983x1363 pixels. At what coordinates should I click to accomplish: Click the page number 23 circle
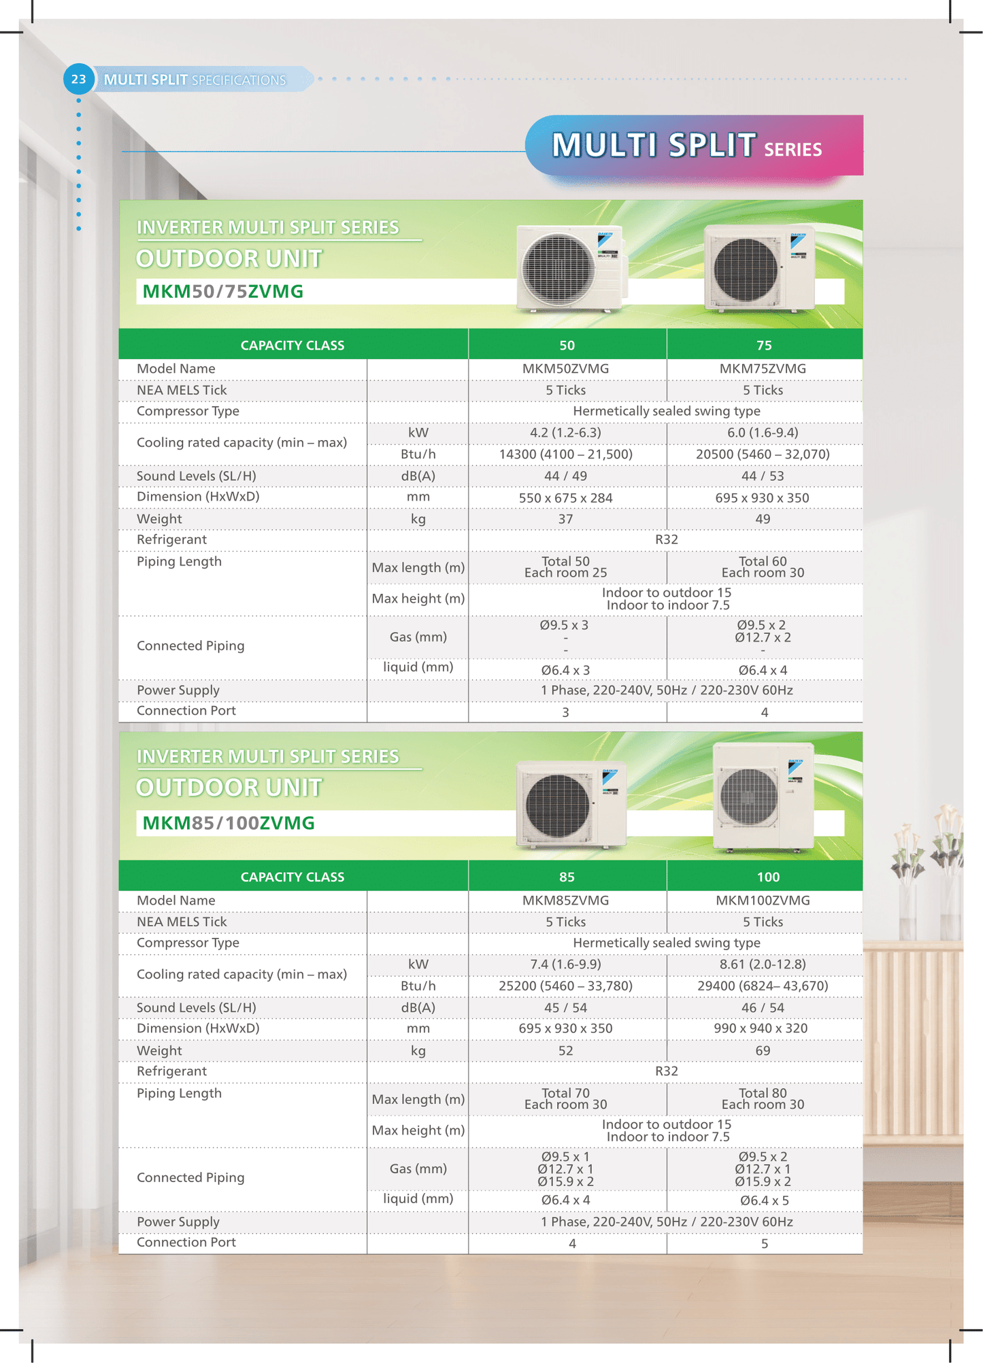click(x=78, y=80)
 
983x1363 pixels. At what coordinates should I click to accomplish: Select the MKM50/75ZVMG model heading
click(x=223, y=292)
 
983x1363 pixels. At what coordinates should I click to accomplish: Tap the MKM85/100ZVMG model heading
click(x=229, y=823)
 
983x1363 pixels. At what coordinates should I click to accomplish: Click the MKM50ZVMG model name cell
click(x=565, y=369)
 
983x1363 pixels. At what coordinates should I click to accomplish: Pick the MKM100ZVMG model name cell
click(x=763, y=901)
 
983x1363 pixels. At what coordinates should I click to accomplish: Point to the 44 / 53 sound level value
click(x=763, y=476)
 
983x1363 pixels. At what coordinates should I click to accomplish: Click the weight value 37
click(x=565, y=519)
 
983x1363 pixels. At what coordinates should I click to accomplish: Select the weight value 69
click(x=763, y=1051)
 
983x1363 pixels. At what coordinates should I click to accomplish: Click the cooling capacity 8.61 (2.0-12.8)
click(x=763, y=964)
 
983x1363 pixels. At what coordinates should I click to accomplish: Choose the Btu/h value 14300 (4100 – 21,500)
click(x=565, y=454)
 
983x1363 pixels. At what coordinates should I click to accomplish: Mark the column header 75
click(x=764, y=346)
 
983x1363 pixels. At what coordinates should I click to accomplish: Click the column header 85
click(x=567, y=877)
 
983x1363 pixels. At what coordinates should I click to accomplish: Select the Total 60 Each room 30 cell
click(x=763, y=567)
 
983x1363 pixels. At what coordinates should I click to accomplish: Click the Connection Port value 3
click(x=565, y=712)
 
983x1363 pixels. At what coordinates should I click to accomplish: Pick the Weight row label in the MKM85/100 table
click(x=159, y=1051)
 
